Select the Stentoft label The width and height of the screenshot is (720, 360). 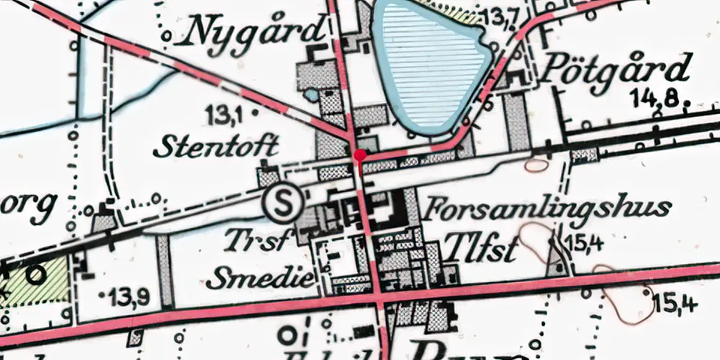pyautogui.click(x=216, y=146)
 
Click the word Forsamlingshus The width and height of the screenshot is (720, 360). pyautogui.click(x=547, y=210)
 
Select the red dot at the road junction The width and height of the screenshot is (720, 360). pyautogui.click(x=360, y=154)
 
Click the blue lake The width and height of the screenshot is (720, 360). pyautogui.click(x=432, y=61)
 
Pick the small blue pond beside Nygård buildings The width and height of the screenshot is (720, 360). pyautogui.click(x=311, y=94)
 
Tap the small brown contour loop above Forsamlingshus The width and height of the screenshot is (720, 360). pyautogui.click(x=536, y=164)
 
